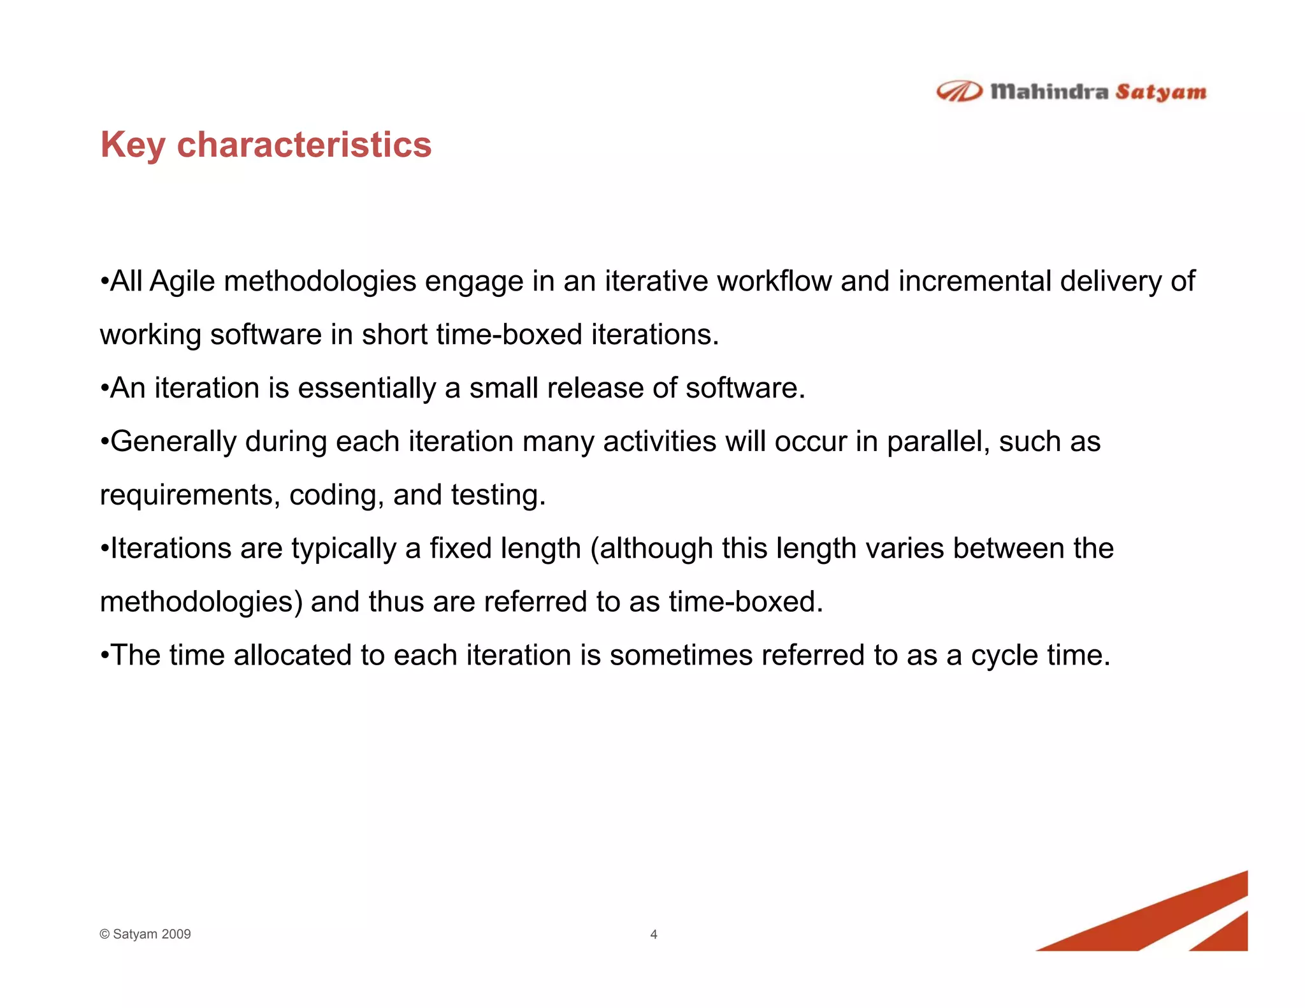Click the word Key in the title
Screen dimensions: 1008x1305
click(133, 145)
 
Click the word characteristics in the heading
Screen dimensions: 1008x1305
click(304, 145)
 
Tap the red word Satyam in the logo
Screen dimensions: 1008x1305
click(1160, 92)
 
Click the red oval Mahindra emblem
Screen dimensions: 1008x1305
click(959, 92)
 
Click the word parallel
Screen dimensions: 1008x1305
click(937, 442)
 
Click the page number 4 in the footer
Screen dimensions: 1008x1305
click(653, 935)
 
